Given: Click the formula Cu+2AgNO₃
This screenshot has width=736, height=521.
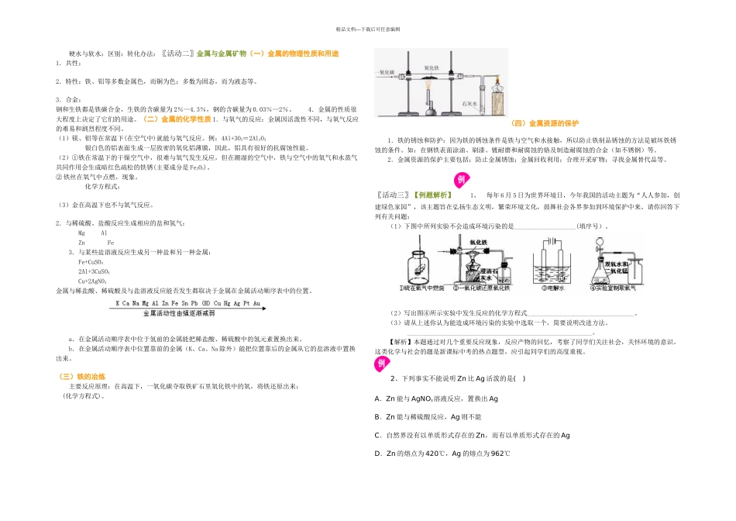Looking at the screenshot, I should pos(94,281).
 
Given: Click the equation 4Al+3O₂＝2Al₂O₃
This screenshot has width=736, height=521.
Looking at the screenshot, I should pos(244,138).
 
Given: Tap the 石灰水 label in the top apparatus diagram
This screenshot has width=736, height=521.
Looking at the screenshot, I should pos(468,102).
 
